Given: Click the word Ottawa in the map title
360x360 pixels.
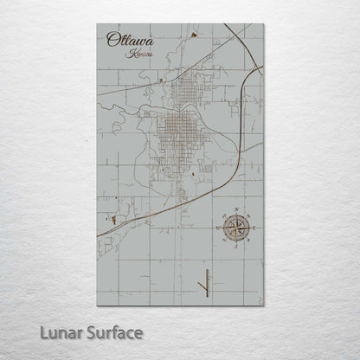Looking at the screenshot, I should (125, 39).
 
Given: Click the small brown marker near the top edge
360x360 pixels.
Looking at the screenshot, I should (192, 35).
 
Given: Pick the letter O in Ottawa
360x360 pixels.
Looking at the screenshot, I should (112, 39).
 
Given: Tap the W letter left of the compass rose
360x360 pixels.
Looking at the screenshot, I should (217, 228).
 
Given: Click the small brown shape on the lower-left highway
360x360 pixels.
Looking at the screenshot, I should (112, 222).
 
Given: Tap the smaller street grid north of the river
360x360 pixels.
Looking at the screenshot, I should (193, 88).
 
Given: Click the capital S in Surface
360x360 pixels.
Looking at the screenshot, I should (91, 331).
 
